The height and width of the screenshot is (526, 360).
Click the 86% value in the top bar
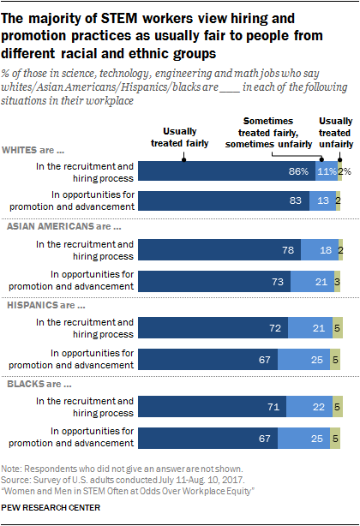(298, 171)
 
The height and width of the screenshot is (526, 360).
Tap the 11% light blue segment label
(327, 171)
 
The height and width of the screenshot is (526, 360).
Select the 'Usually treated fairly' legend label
(180, 137)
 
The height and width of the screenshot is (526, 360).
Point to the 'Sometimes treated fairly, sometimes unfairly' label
(268, 133)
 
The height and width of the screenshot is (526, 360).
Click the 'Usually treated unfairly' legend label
(336, 133)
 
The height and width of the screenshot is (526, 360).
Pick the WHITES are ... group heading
(33, 150)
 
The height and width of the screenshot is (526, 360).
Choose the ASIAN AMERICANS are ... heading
(64, 226)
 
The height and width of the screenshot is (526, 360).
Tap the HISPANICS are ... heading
(46, 305)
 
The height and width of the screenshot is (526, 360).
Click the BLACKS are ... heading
(39, 384)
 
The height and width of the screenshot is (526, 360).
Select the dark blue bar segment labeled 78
(219, 249)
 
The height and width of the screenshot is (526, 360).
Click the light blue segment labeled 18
(320, 249)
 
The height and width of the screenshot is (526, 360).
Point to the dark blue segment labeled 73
(214, 282)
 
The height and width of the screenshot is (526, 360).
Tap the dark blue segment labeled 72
(213, 327)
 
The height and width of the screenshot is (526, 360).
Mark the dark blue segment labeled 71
(213, 407)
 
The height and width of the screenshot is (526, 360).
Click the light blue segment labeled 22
(309, 407)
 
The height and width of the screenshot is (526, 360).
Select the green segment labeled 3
(337, 282)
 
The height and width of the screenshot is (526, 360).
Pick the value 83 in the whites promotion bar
(295, 200)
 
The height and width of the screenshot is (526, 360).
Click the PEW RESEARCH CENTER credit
(51, 507)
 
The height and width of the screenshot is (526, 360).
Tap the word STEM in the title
(120, 19)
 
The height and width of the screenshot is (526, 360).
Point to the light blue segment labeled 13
(322, 200)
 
